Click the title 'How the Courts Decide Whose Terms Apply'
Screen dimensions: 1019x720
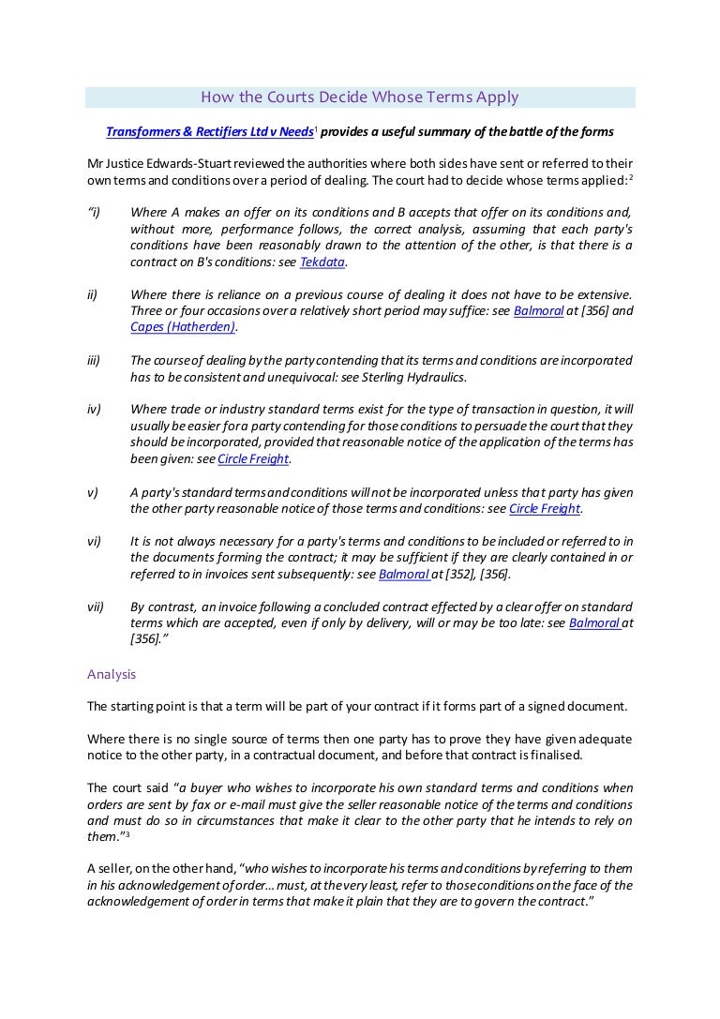(x=360, y=97)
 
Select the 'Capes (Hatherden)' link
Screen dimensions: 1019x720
(x=183, y=326)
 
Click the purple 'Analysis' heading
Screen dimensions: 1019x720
(x=112, y=673)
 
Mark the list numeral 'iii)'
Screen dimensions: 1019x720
(x=94, y=360)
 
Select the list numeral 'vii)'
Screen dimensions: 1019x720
(x=95, y=607)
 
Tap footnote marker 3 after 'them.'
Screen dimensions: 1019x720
(x=127, y=833)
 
